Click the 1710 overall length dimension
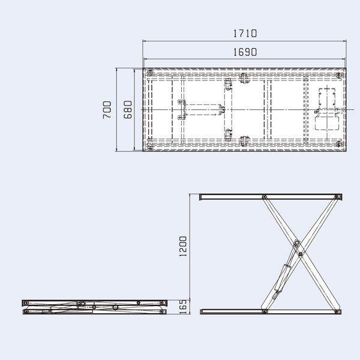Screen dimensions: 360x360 click(244, 34)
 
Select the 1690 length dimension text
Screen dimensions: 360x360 click(244, 52)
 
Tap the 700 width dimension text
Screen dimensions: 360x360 click(107, 110)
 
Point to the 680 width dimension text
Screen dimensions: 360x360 click(127, 110)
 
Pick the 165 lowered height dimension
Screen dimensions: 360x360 click(184, 307)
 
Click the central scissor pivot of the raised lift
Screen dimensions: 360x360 click(296, 244)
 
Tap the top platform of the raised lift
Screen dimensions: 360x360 click(272, 197)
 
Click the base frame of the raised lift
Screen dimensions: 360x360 click(272, 311)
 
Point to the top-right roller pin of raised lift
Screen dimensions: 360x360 click(338, 197)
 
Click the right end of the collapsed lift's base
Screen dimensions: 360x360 click(162, 311)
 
